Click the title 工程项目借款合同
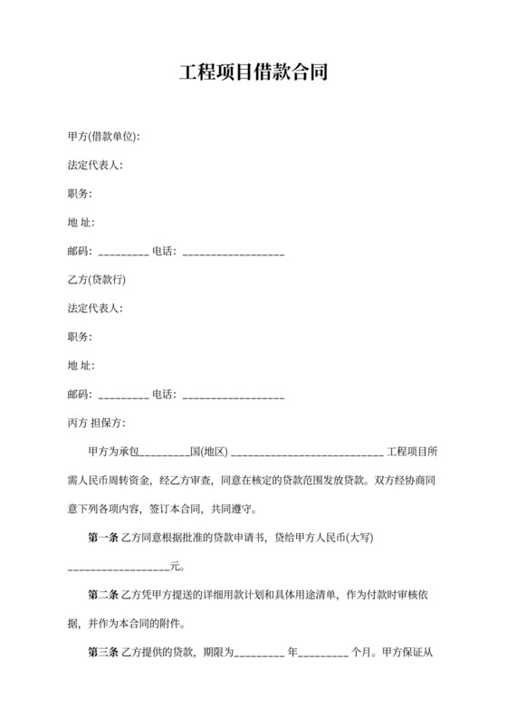click(253, 72)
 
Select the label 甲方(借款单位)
click(103, 137)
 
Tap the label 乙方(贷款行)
click(96, 280)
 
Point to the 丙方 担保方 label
click(96, 423)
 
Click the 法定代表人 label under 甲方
click(95, 166)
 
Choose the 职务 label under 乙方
click(80, 337)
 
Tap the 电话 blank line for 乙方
click(234, 397)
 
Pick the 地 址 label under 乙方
click(81, 366)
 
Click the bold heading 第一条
click(103, 538)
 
